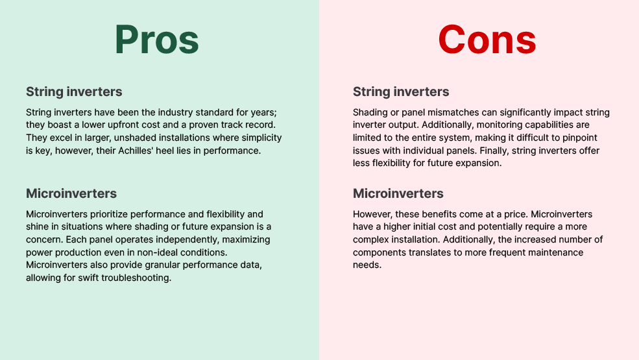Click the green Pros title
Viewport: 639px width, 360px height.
(157, 39)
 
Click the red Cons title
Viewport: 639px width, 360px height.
(487, 39)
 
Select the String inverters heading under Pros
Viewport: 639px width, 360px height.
(74, 91)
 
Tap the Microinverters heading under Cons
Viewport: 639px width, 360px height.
(398, 193)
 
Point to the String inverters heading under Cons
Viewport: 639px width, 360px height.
(401, 91)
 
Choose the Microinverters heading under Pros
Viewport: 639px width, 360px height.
(71, 193)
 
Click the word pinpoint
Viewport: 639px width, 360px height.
(580, 138)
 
